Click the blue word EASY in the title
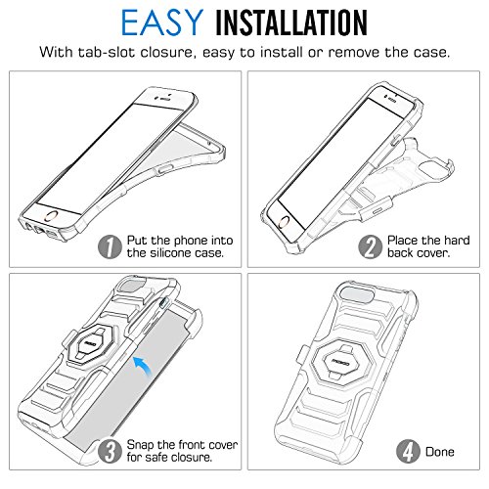pos(162,22)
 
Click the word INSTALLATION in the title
pos(291,22)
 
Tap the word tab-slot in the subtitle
pos(106,52)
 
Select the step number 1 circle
pos(110,246)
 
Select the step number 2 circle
pos(371,246)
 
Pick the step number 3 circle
pos(110,451)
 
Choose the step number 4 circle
pos(408,451)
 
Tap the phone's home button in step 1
pos(52,216)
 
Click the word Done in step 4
pos(440,452)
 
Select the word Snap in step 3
pos(140,445)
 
